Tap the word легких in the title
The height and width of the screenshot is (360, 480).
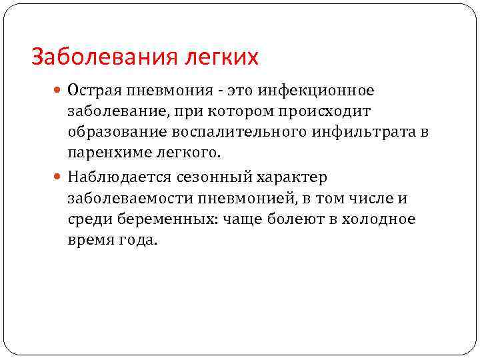218,57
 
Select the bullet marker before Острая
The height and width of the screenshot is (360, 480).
58,90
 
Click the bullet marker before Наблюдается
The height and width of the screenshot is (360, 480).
58,178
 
